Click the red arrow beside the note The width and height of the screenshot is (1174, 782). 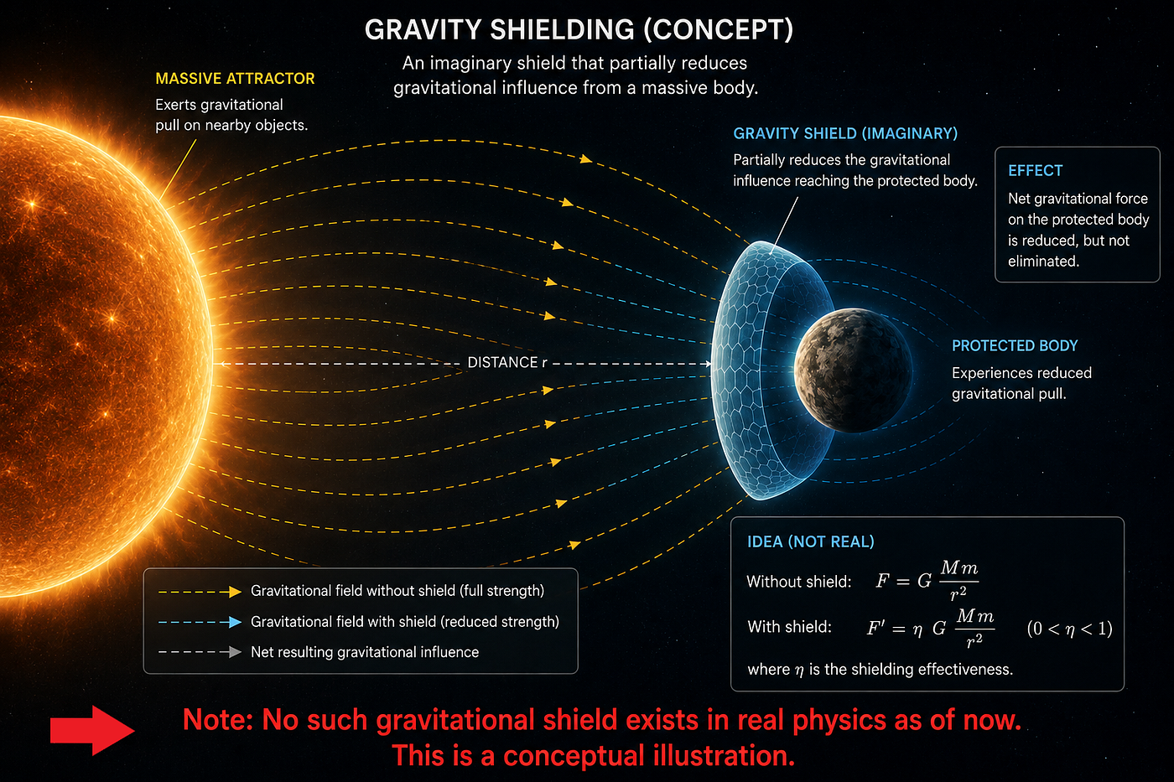click(x=92, y=730)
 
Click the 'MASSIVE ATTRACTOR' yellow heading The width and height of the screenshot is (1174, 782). click(x=235, y=79)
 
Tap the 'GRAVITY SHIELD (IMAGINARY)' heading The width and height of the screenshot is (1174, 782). click(x=845, y=133)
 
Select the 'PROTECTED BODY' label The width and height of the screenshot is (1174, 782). click(x=1015, y=345)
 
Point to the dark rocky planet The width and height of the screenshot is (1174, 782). click(x=853, y=370)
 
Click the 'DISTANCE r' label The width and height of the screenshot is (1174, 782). click(x=506, y=362)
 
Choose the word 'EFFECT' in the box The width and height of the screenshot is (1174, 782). click(x=1035, y=171)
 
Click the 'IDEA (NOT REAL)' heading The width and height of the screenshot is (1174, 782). click(x=810, y=541)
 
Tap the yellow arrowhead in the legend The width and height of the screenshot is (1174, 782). click(x=235, y=592)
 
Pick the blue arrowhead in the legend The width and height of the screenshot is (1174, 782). click(x=235, y=622)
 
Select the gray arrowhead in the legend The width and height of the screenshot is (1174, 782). click(x=235, y=652)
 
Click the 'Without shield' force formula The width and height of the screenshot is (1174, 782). click(x=927, y=580)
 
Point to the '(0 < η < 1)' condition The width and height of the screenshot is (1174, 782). click(x=1069, y=628)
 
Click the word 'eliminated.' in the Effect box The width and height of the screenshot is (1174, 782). click(x=1043, y=261)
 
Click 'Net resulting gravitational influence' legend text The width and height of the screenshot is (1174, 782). click(x=365, y=652)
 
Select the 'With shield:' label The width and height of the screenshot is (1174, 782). click(x=789, y=627)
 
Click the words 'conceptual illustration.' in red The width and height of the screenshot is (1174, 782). click(x=649, y=756)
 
